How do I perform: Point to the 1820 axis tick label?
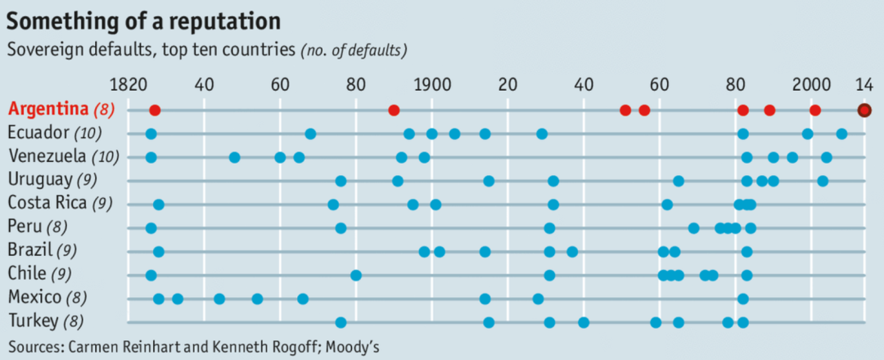128,83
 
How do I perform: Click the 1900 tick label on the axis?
431,83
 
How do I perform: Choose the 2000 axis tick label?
811,83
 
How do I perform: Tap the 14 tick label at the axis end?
864,83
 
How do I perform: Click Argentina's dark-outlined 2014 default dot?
864,110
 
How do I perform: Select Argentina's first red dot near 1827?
155,110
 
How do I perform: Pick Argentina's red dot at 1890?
394,110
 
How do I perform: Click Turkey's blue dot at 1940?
584,322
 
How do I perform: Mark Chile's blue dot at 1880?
356,275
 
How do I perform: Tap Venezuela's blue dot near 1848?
235,157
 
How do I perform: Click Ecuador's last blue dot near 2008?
841,133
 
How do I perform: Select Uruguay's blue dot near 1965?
679,181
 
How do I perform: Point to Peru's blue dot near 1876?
341,227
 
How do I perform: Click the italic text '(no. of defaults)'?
354,50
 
